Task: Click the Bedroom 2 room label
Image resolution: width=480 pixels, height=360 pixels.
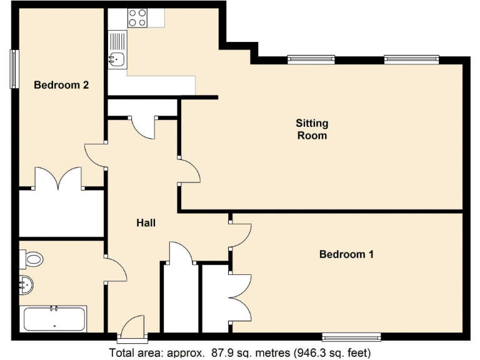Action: (61, 85)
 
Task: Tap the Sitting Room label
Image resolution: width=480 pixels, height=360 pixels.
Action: (311, 129)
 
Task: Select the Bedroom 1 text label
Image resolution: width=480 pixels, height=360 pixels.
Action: (346, 254)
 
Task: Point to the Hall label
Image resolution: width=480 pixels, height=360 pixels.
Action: (146, 222)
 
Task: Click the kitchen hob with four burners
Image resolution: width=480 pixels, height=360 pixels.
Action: (137, 18)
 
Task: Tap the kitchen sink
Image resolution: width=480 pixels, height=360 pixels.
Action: (117, 59)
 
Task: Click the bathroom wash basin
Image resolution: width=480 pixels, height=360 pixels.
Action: (26, 285)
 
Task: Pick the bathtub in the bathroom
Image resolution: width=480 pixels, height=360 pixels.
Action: (54, 319)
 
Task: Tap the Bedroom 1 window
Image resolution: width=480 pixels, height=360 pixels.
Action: (351, 337)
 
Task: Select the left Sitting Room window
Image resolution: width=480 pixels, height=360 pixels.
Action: (311, 59)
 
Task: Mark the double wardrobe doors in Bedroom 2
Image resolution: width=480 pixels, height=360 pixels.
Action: (60, 179)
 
